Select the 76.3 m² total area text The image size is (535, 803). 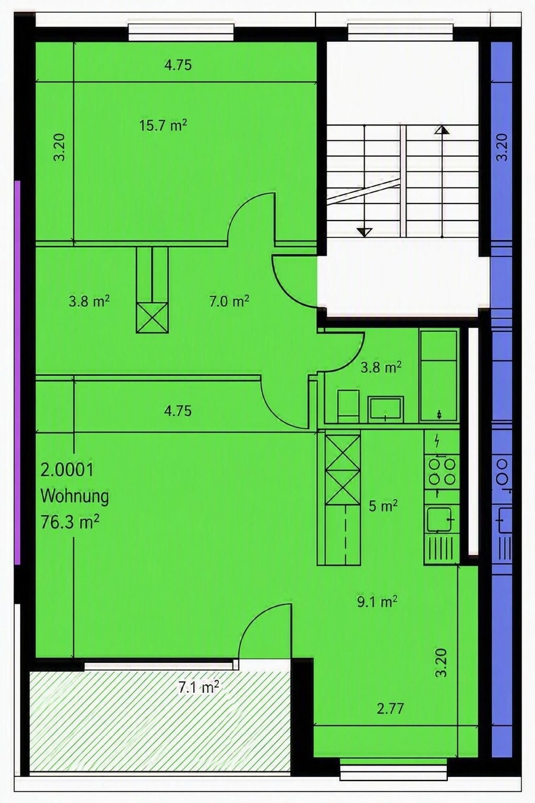[x=70, y=522]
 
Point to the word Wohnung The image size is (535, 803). [x=74, y=496]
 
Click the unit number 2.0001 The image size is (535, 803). [x=67, y=470]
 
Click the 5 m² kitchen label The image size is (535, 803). [x=383, y=506]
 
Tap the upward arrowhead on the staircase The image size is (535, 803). [x=442, y=130]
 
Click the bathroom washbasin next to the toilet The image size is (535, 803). [x=386, y=408]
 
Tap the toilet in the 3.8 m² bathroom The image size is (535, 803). [x=349, y=406]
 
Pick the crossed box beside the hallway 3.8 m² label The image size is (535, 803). [x=152, y=318]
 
